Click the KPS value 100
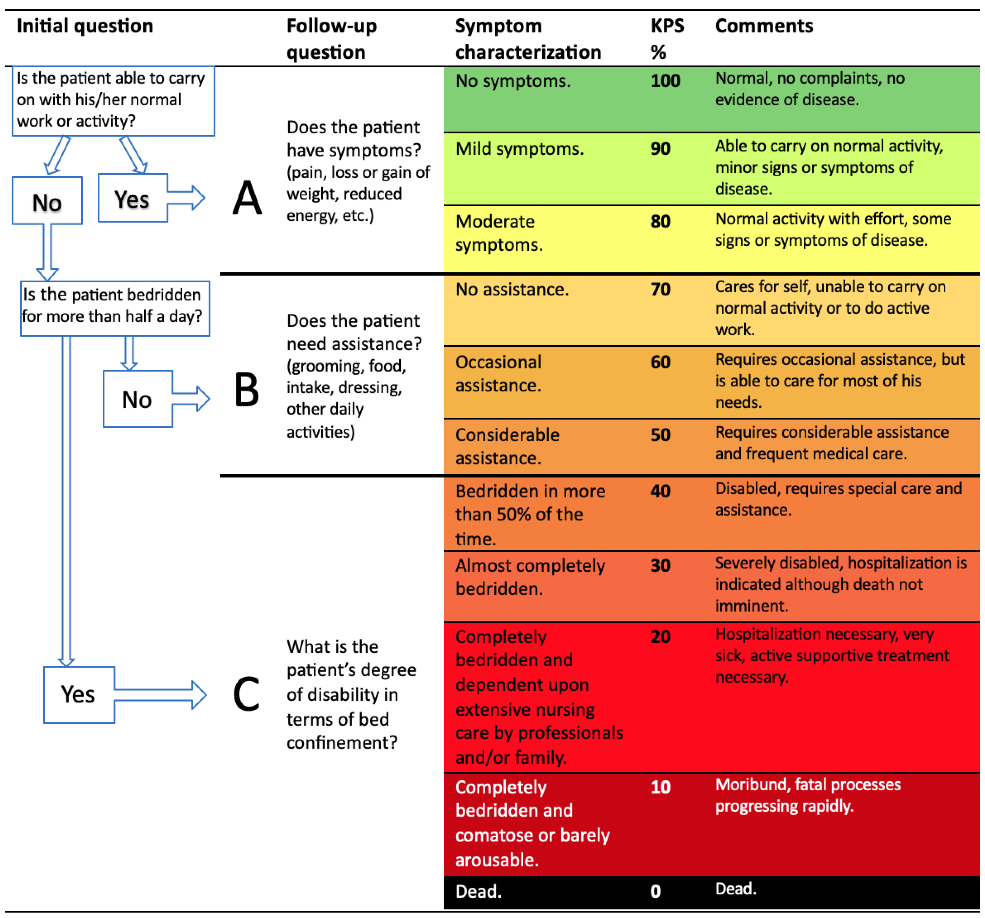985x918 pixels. (x=665, y=81)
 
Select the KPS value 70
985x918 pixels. (x=660, y=289)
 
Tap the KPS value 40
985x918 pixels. (x=660, y=491)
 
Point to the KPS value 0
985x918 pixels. (x=655, y=891)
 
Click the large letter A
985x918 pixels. (x=247, y=198)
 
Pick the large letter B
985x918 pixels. (x=247, y=390)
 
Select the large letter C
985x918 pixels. (x=246, y=694)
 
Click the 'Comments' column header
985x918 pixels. (x=764, y=26)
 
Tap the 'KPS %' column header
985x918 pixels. (x=667, y=39)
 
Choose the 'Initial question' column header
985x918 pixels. (x=85, y=26)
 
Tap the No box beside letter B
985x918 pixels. (x=137, y=399)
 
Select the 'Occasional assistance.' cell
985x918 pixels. (x=498, y=373)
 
